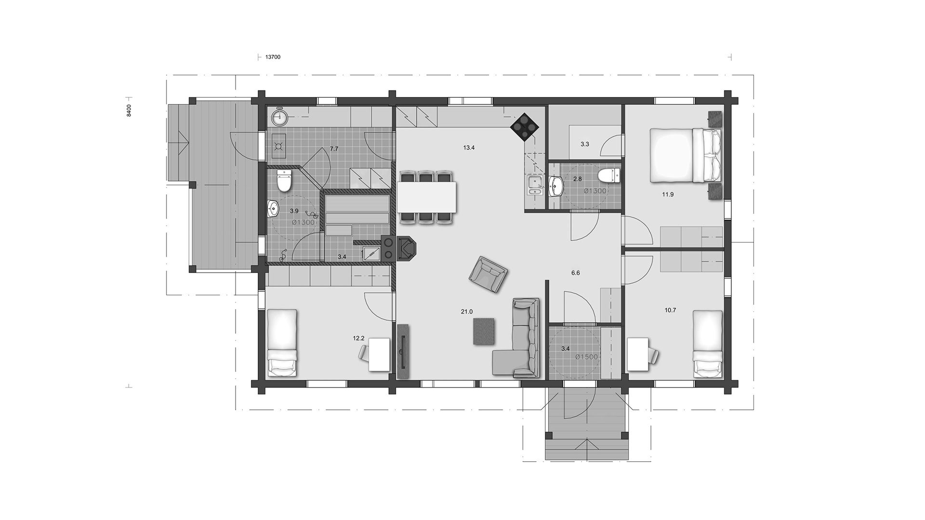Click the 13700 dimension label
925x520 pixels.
[x=273, y=57]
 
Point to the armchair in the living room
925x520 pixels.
[x=489, y=274]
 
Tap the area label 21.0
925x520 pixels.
[x=466, y=312]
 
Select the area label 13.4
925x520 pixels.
[x=469, y=148]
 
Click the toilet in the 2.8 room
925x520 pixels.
[x=609, y=175]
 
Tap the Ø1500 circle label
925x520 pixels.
[x=586, y=357]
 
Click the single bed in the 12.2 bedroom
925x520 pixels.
[x=282, y=343]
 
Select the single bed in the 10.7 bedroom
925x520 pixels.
[x=708, y=344]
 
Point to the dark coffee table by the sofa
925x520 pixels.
[x=485, y=331]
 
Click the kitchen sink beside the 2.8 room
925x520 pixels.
[x=534, y=186]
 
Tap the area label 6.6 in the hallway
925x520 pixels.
[x=575, y=273]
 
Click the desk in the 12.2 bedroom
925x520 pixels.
[x=379, y=355]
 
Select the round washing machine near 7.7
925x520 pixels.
[x=278, y=117]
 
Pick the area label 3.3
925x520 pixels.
[x=584, y=144]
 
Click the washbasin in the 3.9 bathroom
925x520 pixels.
[x=273, y=209]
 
